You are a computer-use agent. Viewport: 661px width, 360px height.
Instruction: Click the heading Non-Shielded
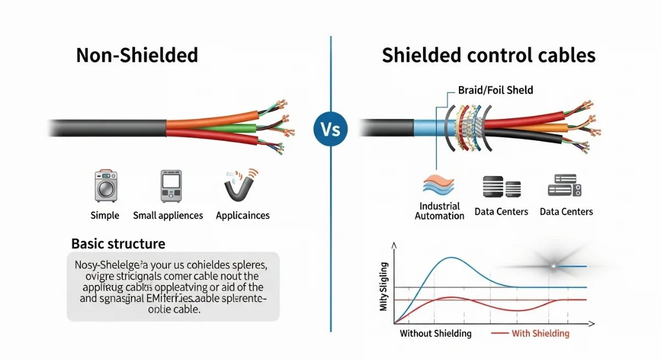coord(137,56)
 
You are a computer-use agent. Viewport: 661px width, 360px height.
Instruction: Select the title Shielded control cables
coord(489,56)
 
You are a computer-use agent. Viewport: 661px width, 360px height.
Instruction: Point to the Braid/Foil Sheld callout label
coord(495,90)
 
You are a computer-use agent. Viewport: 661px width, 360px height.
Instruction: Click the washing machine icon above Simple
coord(104,186)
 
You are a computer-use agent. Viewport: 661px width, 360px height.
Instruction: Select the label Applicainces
coord(242,215)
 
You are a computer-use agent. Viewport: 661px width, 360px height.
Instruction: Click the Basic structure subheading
coord(118,243)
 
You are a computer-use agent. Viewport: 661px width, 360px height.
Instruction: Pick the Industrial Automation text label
coord(440,211)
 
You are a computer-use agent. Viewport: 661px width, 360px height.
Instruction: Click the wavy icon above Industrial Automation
coord(439,185)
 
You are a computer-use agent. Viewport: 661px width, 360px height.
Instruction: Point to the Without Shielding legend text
coord(436,334)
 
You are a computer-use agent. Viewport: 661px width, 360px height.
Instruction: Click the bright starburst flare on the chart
coord(553,266)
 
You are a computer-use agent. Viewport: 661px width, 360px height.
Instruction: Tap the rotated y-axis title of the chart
coord(384,288)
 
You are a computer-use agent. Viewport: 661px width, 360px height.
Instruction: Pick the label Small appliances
coord(168,215)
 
